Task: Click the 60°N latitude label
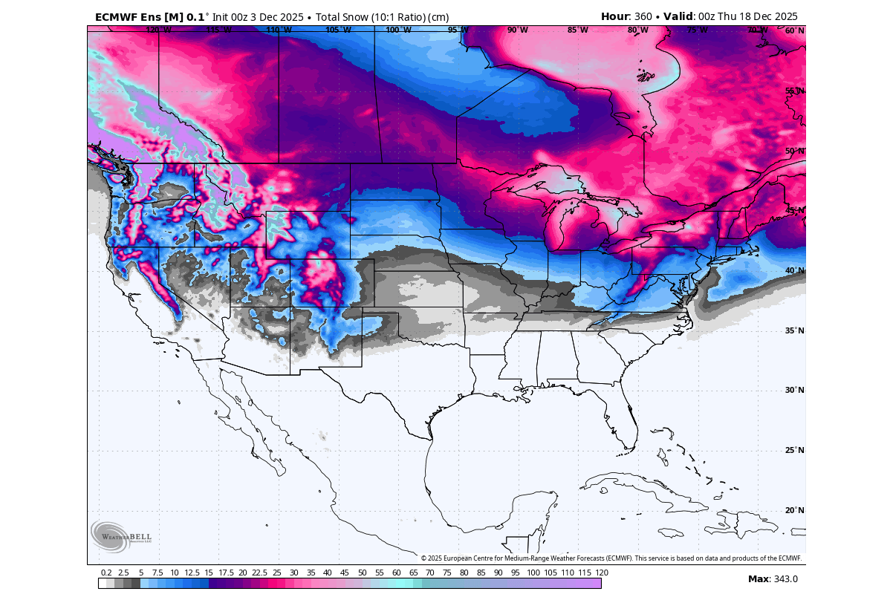(794, 30)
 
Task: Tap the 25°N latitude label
(794, 450)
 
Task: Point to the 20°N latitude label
(794, 510)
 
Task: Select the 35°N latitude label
(794, 330)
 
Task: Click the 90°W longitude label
(517, 30)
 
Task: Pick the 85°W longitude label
(577, 30)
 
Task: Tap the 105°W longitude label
(338, 30)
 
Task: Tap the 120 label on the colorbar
(602, 573)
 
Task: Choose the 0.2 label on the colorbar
(106, 573)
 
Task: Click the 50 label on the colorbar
(362, 573)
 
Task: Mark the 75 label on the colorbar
(447, 573)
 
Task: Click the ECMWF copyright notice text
(611, 558)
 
